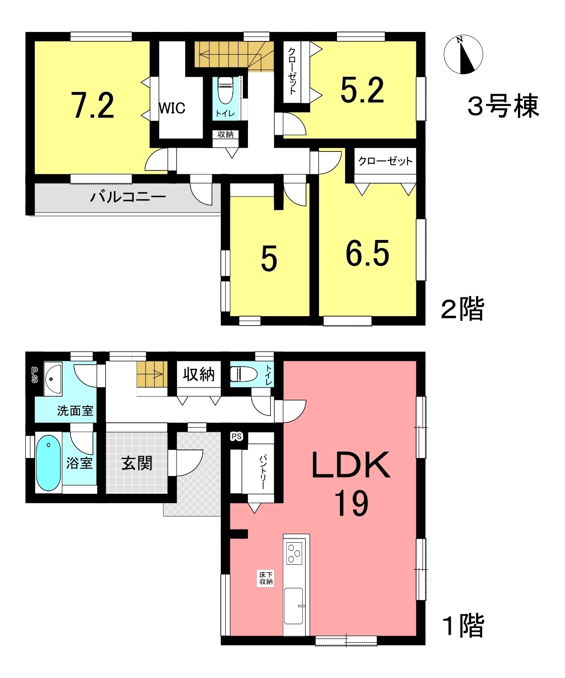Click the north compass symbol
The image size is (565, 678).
463,54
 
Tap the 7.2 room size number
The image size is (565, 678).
93,105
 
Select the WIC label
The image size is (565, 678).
172,108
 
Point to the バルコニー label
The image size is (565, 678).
128,197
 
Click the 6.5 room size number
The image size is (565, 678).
367,254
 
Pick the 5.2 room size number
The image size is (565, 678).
362,90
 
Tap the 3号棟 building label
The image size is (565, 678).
503,106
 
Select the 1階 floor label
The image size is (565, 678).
463,626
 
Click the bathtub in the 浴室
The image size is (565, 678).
49,463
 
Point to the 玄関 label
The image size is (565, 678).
137,463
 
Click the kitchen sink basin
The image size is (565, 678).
294,606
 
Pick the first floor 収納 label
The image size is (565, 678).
198,375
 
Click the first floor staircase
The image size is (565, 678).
152,374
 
